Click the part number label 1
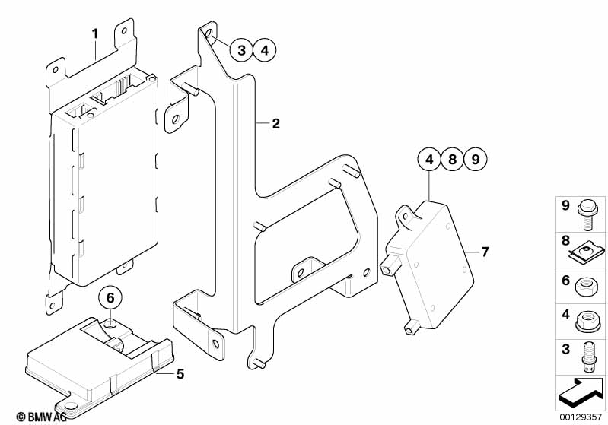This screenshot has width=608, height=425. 95,33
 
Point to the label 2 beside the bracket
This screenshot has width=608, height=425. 276,123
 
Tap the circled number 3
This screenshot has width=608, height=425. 240,51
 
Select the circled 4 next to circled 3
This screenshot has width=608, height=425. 263,51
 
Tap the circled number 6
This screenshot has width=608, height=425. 110,297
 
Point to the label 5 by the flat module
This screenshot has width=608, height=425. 180,373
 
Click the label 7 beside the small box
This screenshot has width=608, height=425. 485,252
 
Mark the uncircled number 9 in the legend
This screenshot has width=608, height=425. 566,206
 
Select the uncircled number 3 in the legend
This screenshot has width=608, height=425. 566,349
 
